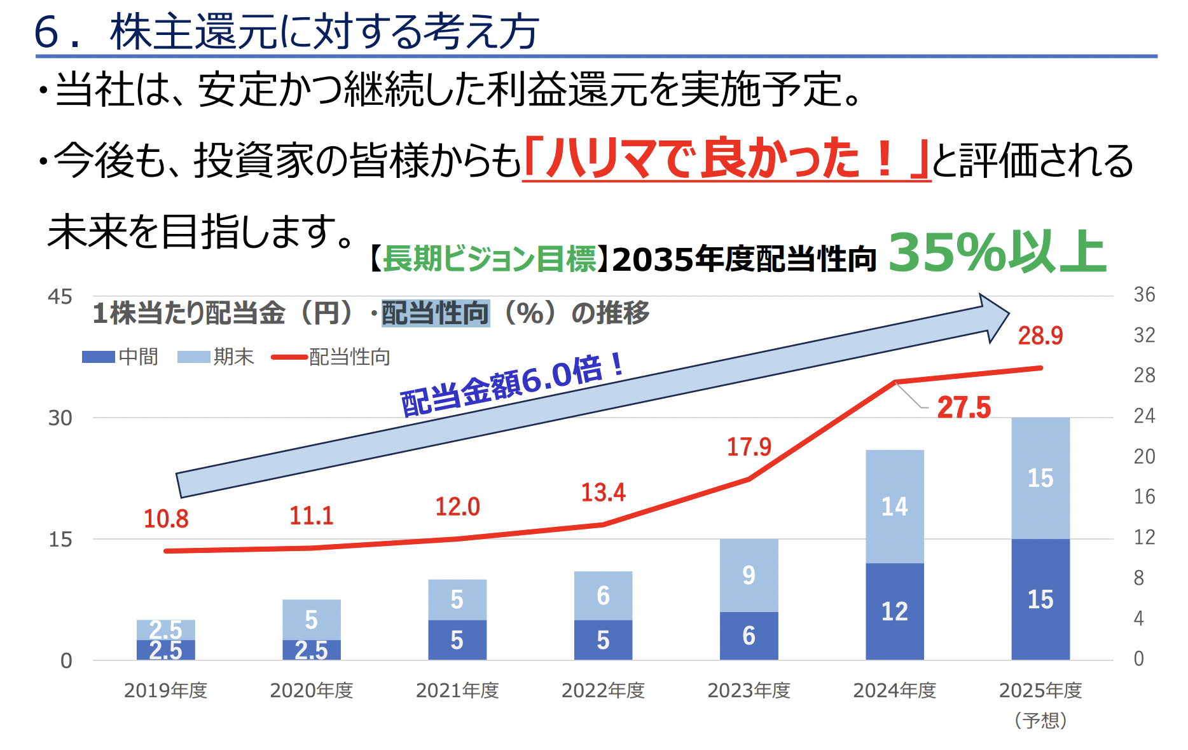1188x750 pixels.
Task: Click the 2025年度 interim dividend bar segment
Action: [1040, 599]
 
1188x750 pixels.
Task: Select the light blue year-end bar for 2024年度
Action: [894, 506]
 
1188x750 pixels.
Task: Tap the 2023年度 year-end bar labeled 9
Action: [749, 575]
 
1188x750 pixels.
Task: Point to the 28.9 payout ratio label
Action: [1040, 336]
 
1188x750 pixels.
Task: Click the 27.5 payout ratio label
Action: [964, 407]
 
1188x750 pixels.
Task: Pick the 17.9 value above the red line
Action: [749, 447]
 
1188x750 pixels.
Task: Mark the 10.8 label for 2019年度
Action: [166, 519]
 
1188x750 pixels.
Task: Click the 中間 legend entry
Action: [121, 357]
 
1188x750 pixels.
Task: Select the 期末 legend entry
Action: [216, 357]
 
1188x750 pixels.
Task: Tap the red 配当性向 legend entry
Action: [331, 357]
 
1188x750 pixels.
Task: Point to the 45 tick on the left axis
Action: [60, 297]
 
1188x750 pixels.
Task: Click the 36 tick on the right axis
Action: [1144, 295]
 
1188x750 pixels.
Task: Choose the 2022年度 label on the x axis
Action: [603, 690]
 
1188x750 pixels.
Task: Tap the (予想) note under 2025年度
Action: [1040, 720]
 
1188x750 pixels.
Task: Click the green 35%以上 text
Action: [997, 253]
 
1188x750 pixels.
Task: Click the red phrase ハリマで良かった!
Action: [725, 159]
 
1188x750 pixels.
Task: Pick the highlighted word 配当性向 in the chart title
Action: [435, 313]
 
